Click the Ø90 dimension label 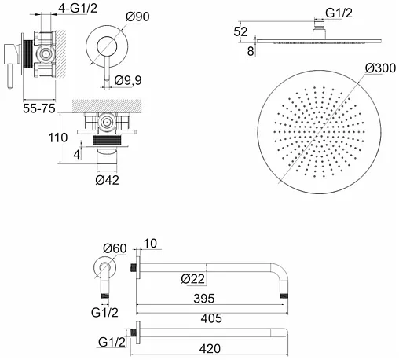point(137,17)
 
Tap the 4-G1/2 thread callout point(78,8)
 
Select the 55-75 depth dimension point(39,108)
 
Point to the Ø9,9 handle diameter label point(128,80)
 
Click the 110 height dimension point(58,138)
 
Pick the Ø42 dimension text point(107,180)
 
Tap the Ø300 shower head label point(381,68)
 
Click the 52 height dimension point(240,31)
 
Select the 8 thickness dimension point(251,51)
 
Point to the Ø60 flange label point(115,248)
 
